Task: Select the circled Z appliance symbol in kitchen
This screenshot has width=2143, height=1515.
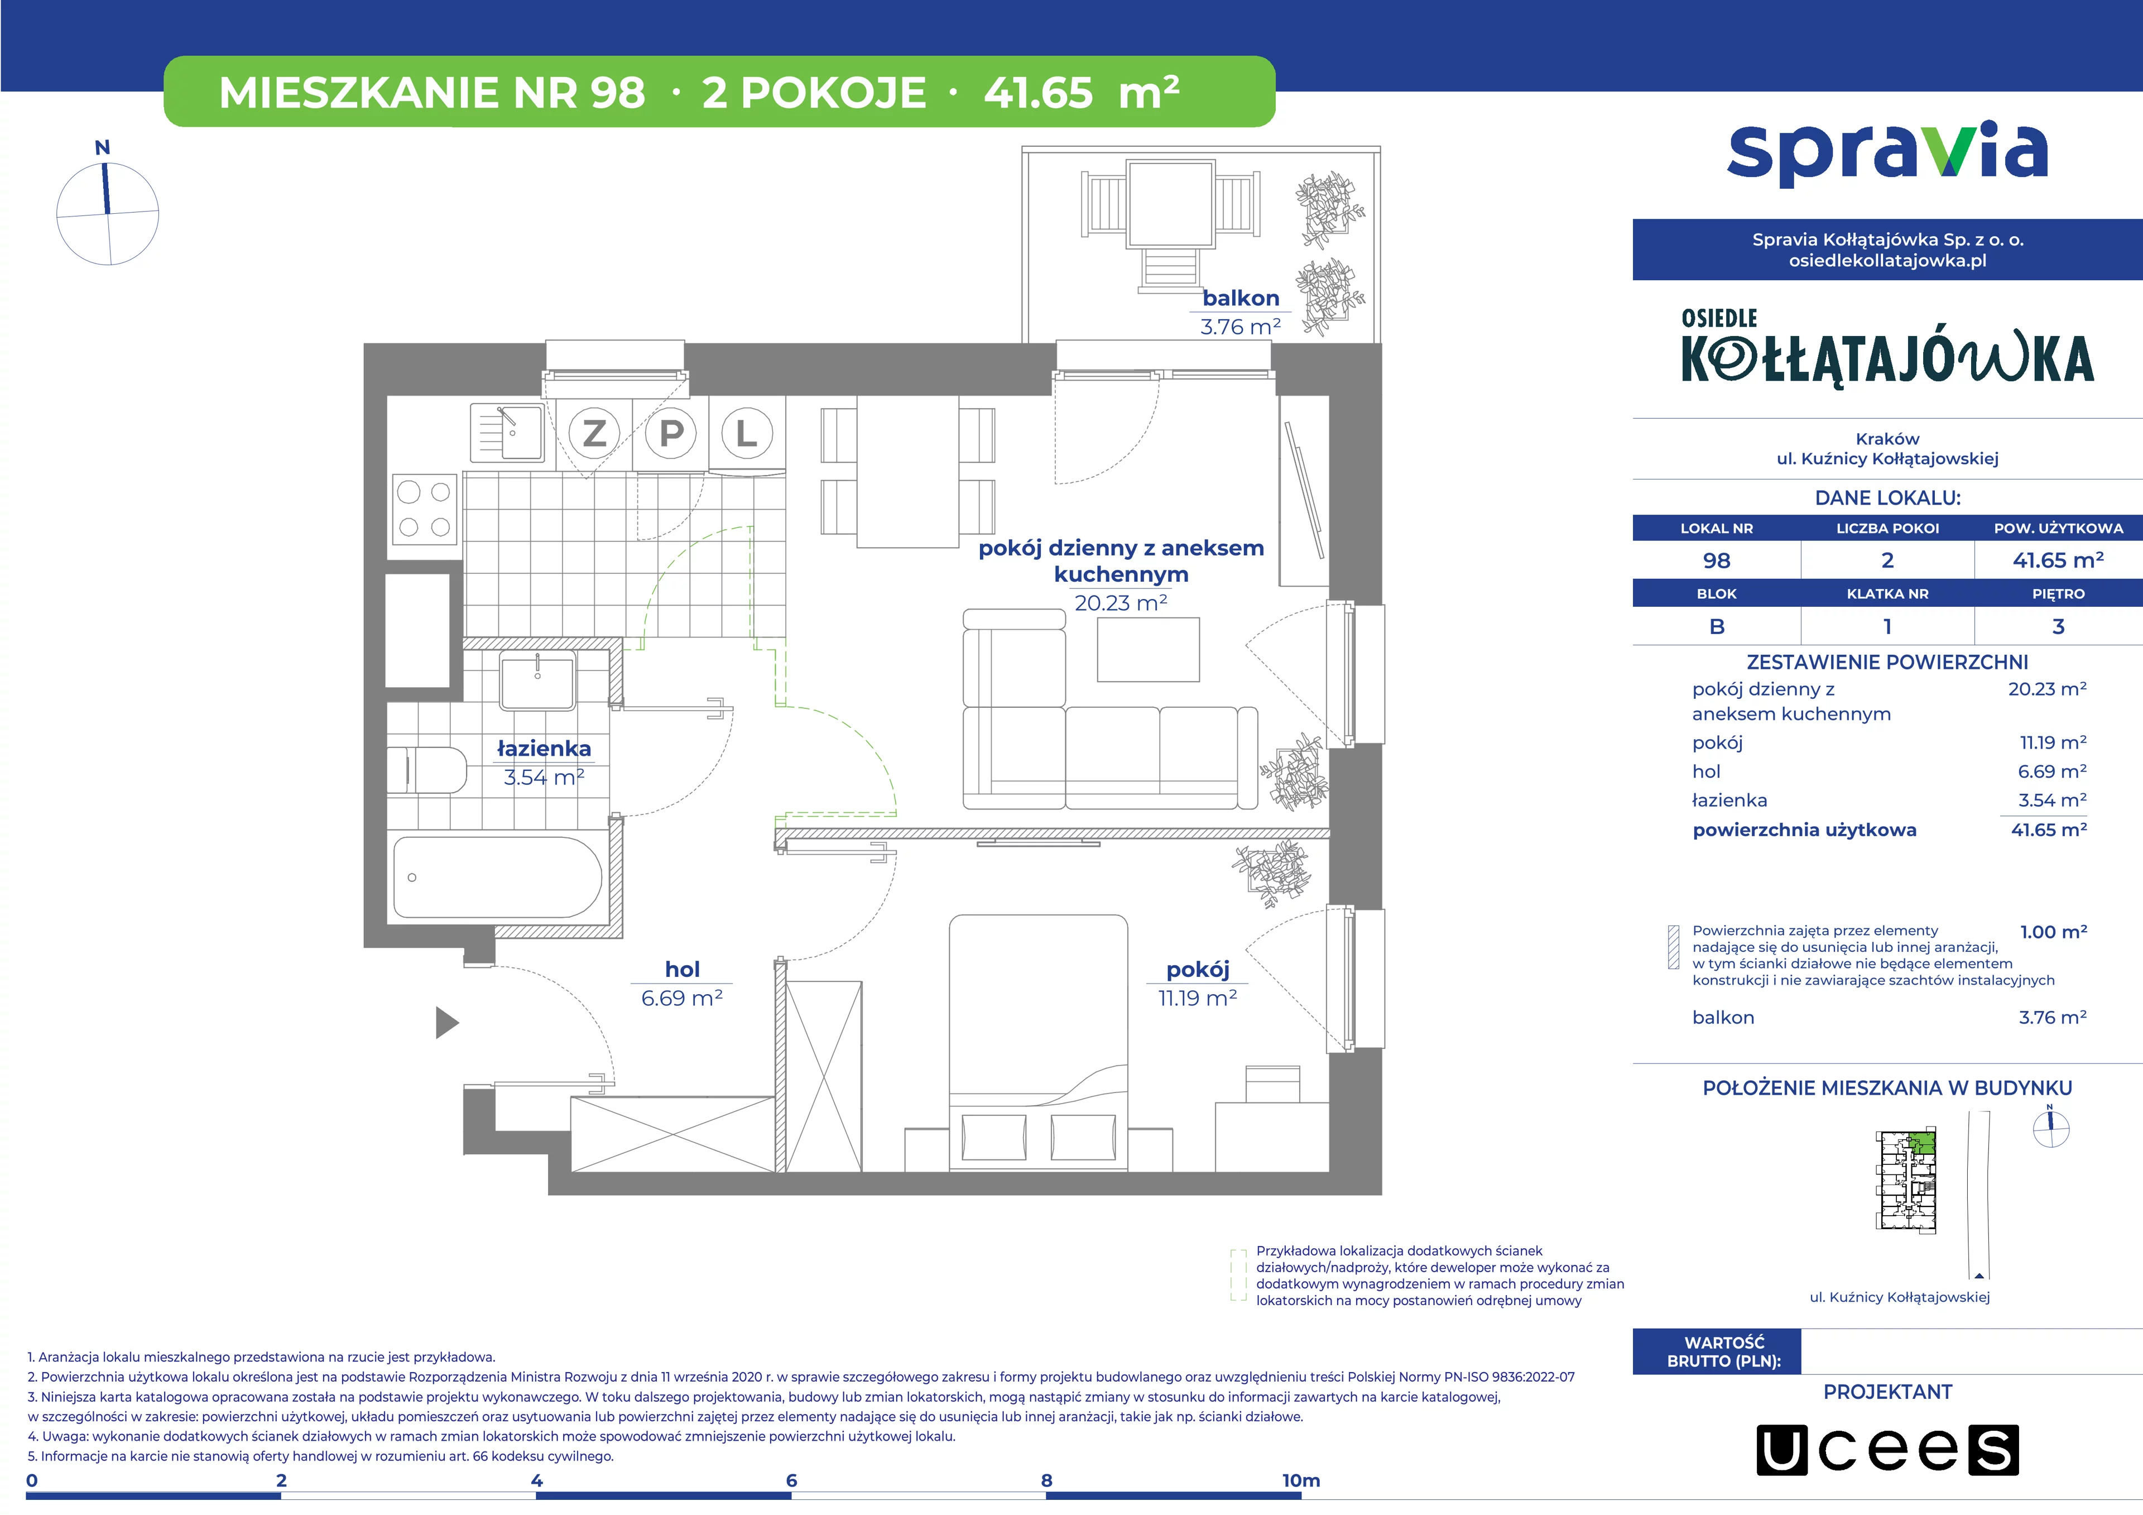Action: [x=594, y=433]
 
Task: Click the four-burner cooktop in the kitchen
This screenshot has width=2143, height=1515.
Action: [x=425, y=509]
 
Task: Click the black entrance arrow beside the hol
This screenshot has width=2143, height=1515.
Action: [x=447, y=1023]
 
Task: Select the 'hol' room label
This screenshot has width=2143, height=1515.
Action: [x=683, y=969]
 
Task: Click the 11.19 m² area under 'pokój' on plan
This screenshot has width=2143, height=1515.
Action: [x=1198, y=998]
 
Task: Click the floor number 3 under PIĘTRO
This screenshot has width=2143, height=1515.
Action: [x=2058, y=626]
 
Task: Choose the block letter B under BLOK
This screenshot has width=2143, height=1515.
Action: [x=1717, y=626]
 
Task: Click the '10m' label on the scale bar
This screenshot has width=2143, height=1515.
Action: [x=1301, y=1480]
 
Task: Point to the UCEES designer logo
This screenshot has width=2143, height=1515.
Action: [x=1887, y=1450]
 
